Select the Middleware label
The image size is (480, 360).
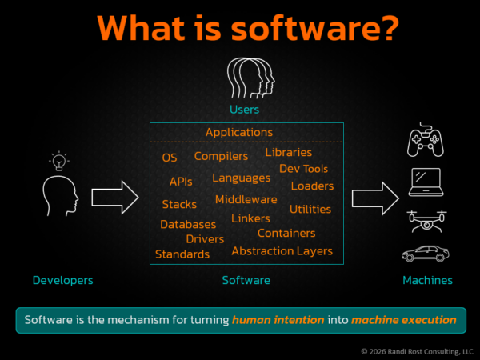pos(246,199)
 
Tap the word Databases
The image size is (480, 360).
pos(187,225)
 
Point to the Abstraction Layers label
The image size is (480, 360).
pos(282,251)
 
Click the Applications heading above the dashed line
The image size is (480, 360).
pos(238,132)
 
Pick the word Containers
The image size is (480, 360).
pos(286,233)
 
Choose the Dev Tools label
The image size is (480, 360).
pos(303,169)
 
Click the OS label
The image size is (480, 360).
pos(170,158)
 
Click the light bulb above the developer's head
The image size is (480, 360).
pos(59,161)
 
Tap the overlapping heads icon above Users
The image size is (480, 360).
pos(245,78)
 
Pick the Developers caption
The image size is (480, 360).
pos(62,280)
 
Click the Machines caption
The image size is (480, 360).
pos(426,280)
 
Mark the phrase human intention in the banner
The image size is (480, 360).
pos(278,320)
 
